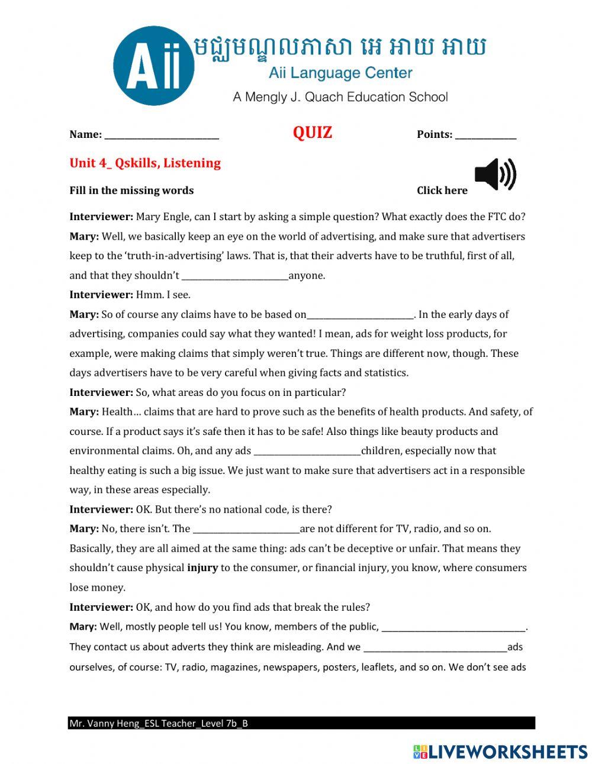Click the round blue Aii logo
point(154,66)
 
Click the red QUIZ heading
point(312,133)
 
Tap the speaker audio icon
point(495,175)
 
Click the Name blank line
point(162,135)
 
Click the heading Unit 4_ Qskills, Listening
point(145,163)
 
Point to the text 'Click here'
point(442,191)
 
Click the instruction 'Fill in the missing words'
point(131,191)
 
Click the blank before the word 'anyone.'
point(235,276)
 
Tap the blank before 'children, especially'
point(307,451)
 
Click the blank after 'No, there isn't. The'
point(246,529)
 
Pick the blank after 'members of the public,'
point(453,627)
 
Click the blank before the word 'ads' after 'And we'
point(435,647)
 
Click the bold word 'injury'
point(202,568)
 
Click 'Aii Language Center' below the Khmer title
point(340,73)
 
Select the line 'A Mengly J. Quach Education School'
point(340,97)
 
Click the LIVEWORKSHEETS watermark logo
point(500,752)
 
